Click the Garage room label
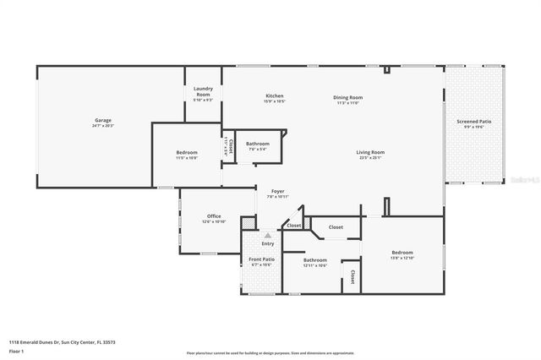(x=102, y=120)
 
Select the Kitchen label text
(x=275, y=96)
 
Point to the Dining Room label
(x=347, y=97)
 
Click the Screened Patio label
(x=473, y=121)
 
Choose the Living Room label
(x=370, y=152)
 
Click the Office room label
(x=214, y=215)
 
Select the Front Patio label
(x=262, y=259)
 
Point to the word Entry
(x=267, y=243)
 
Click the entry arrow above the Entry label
(x=267, y=235)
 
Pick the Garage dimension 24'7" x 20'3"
(x=102, y=126)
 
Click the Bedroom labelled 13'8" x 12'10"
(x=402, y=253)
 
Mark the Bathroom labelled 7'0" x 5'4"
(x=258, y=144)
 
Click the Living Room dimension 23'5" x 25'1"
(x=370, y=158)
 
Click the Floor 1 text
(x=16, y=350)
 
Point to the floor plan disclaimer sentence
(x=270, y=353)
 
